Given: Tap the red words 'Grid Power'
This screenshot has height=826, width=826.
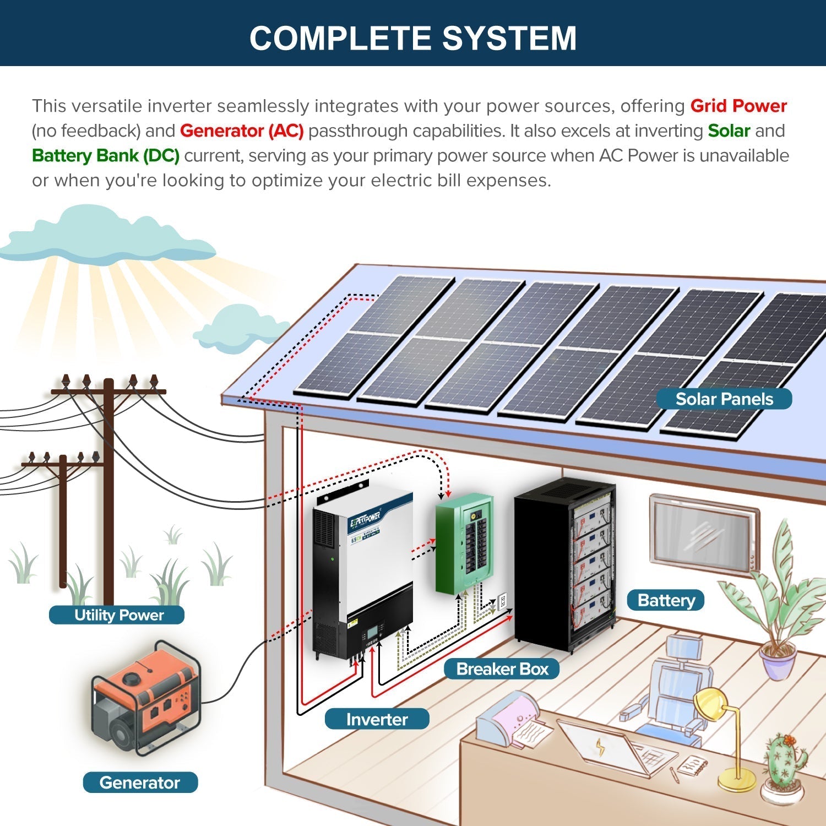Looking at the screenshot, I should point(738,106).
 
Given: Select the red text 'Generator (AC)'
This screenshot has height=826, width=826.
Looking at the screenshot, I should point(242,131).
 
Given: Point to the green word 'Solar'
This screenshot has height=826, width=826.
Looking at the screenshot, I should point(729,131).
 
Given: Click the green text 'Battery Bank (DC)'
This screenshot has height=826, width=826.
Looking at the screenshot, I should point(106,156).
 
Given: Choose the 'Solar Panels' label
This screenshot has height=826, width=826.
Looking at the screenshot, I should point(724,399).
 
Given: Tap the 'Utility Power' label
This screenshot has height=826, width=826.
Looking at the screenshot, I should point(118,615).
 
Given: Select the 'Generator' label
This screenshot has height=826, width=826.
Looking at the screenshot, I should point(140,782).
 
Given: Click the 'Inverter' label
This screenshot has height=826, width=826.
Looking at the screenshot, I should point(377,719).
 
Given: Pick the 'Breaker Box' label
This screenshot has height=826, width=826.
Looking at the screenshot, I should point(502,669).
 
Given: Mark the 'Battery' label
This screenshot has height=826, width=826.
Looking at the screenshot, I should point(666,600).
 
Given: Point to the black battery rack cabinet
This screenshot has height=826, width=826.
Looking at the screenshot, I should point(564,564).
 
